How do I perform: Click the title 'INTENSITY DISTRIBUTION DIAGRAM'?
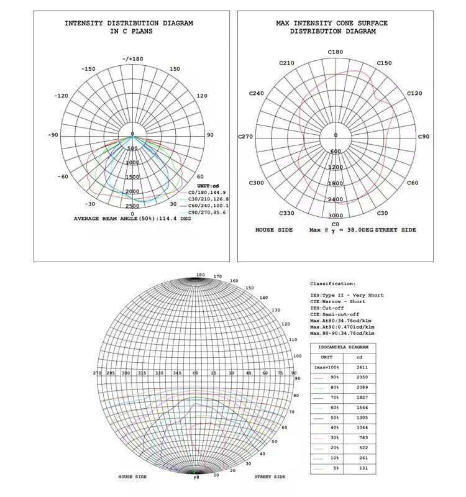point(129,23)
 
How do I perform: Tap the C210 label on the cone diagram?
point(286,63)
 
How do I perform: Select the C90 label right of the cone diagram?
point(423,136)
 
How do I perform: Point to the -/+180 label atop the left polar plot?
point(132,59)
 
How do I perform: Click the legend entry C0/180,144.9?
point(207,193)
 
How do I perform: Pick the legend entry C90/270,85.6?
point(207,212)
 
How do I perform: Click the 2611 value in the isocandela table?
point(362,368)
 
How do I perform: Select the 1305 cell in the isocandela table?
point(362,417)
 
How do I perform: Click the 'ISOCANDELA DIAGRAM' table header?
point(343,347)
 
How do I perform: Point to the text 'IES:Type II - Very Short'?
point(347,295)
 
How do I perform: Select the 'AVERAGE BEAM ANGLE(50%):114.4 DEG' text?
point(132,219)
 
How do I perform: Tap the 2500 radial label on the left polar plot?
point(132,206)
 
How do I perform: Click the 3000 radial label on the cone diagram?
point(336,216)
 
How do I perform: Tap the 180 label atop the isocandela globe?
point(200,274)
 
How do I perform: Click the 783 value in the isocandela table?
point(362,438)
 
